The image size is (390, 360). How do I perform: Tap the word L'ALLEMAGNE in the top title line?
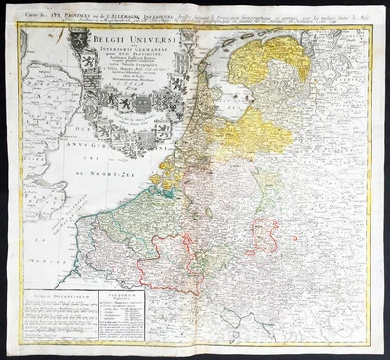point(156,18)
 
